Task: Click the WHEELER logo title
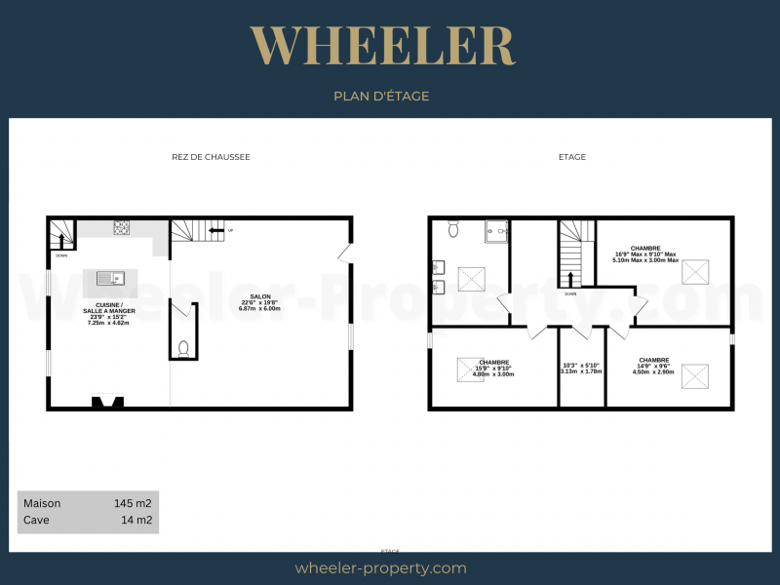point(381,46)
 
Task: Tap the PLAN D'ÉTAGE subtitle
point(381,96)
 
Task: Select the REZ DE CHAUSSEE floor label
point(204,157)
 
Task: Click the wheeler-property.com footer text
point(380,567)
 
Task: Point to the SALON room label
point(260,296)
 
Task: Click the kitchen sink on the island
point(110,279)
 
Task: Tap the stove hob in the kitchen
point(123,228)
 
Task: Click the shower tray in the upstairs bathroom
point(496,231)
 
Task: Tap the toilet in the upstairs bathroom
point(453,229)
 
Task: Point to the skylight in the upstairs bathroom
point(473,280)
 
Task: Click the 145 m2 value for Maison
point(133,503)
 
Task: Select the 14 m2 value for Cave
point(136,521)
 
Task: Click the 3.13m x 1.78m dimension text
point(582,371)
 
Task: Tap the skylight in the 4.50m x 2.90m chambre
point(695,375)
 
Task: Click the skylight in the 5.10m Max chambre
point(696,270)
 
